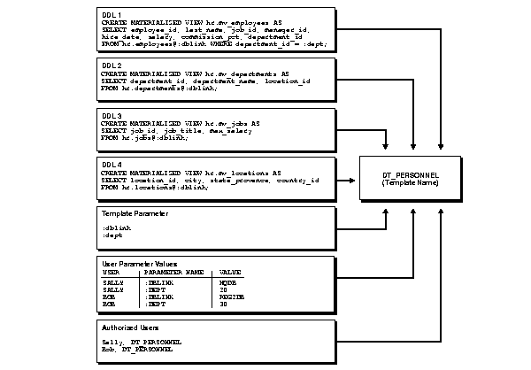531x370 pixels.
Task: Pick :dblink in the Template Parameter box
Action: (x=117, y=227)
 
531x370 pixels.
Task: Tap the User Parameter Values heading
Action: (x=140, y=264)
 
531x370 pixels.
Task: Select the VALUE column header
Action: (x=228, y=272)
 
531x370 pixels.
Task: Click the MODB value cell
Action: (x=227, y=281)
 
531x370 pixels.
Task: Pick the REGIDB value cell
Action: (x=230, y=296)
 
